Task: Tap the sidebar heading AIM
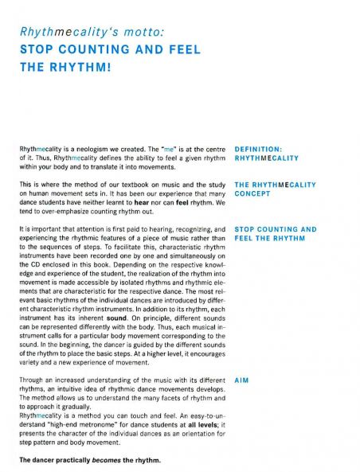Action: coord(244,380)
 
